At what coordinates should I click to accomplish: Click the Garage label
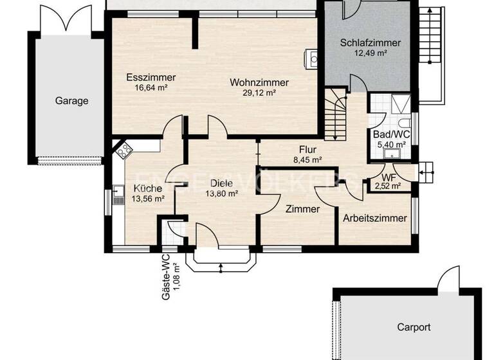tap(71, 100)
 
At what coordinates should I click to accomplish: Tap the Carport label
tap(413, 327)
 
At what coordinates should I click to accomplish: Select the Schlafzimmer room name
tap(370, 43)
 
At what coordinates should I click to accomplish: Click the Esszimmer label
tap(151, 77)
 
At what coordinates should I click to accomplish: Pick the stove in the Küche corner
tap(123, 152)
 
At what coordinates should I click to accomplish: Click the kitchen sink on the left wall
tap(118, 194)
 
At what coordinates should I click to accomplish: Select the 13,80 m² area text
tap(222, 193)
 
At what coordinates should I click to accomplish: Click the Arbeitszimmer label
tap(374, 218)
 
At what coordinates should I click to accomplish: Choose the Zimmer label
tap(302, 210)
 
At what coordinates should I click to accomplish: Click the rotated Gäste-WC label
tap(169, 274)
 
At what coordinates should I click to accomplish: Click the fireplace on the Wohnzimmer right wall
tap(312, 59)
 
